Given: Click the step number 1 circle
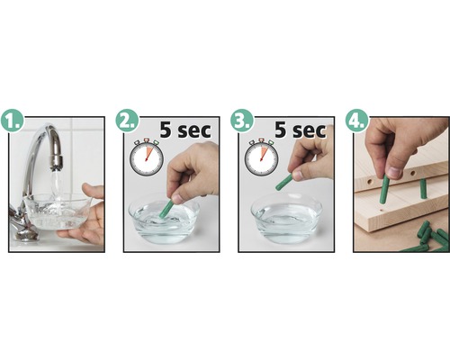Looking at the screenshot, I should click(13, 121).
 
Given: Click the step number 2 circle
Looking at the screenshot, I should click(127, 121).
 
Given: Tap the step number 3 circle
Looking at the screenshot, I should click(242, 121).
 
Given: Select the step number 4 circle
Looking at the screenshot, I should click(356, 121).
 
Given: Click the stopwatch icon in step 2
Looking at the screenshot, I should click(146, 157).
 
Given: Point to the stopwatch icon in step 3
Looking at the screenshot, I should click(261, 157).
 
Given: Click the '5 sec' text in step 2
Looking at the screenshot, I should click(184, 130).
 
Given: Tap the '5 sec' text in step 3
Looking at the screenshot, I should click(300, 130).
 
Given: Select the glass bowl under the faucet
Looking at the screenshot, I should click(56, 212).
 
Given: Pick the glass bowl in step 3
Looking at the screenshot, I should click(285, 218).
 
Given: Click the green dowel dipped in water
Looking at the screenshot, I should click(166, 208).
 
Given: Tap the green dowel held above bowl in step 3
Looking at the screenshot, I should click(284, 182).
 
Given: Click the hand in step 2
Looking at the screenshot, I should click(194, 171).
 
